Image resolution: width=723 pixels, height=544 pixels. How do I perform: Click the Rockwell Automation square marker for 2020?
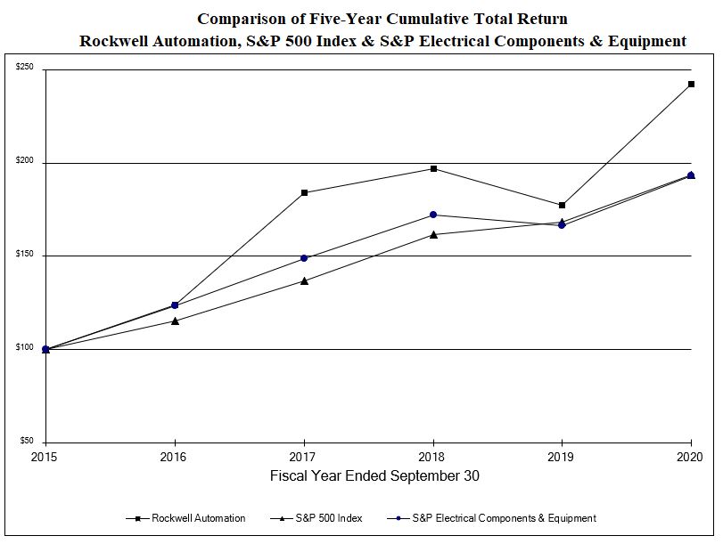(x=691, y=85)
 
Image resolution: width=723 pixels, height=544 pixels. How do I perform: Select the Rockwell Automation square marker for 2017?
(x=304, y=192)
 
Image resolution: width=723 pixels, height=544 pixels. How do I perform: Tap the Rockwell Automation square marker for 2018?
(x=433, y=168)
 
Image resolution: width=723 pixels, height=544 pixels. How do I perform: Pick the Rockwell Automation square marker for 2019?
(x=562, y=206)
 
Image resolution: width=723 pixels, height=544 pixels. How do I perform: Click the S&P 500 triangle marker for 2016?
(x=175, y=321)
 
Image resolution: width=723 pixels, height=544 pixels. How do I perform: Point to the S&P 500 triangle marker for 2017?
(x=304, y=280)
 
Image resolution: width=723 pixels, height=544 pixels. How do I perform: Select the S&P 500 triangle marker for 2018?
(x=433, y=234)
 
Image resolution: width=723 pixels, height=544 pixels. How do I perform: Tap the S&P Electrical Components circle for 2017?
(x=304, y=258)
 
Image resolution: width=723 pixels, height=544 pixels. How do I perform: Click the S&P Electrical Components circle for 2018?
(x=433, y=215)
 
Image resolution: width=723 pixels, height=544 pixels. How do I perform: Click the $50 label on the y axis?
(x=28, y=441)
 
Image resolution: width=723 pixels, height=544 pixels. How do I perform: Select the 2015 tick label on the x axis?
(x=45, y=457)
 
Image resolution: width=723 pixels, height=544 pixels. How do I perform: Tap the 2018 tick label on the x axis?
(x=433, y=457)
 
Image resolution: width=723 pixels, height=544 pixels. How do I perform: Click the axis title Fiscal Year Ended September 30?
(x=374, y=476)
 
